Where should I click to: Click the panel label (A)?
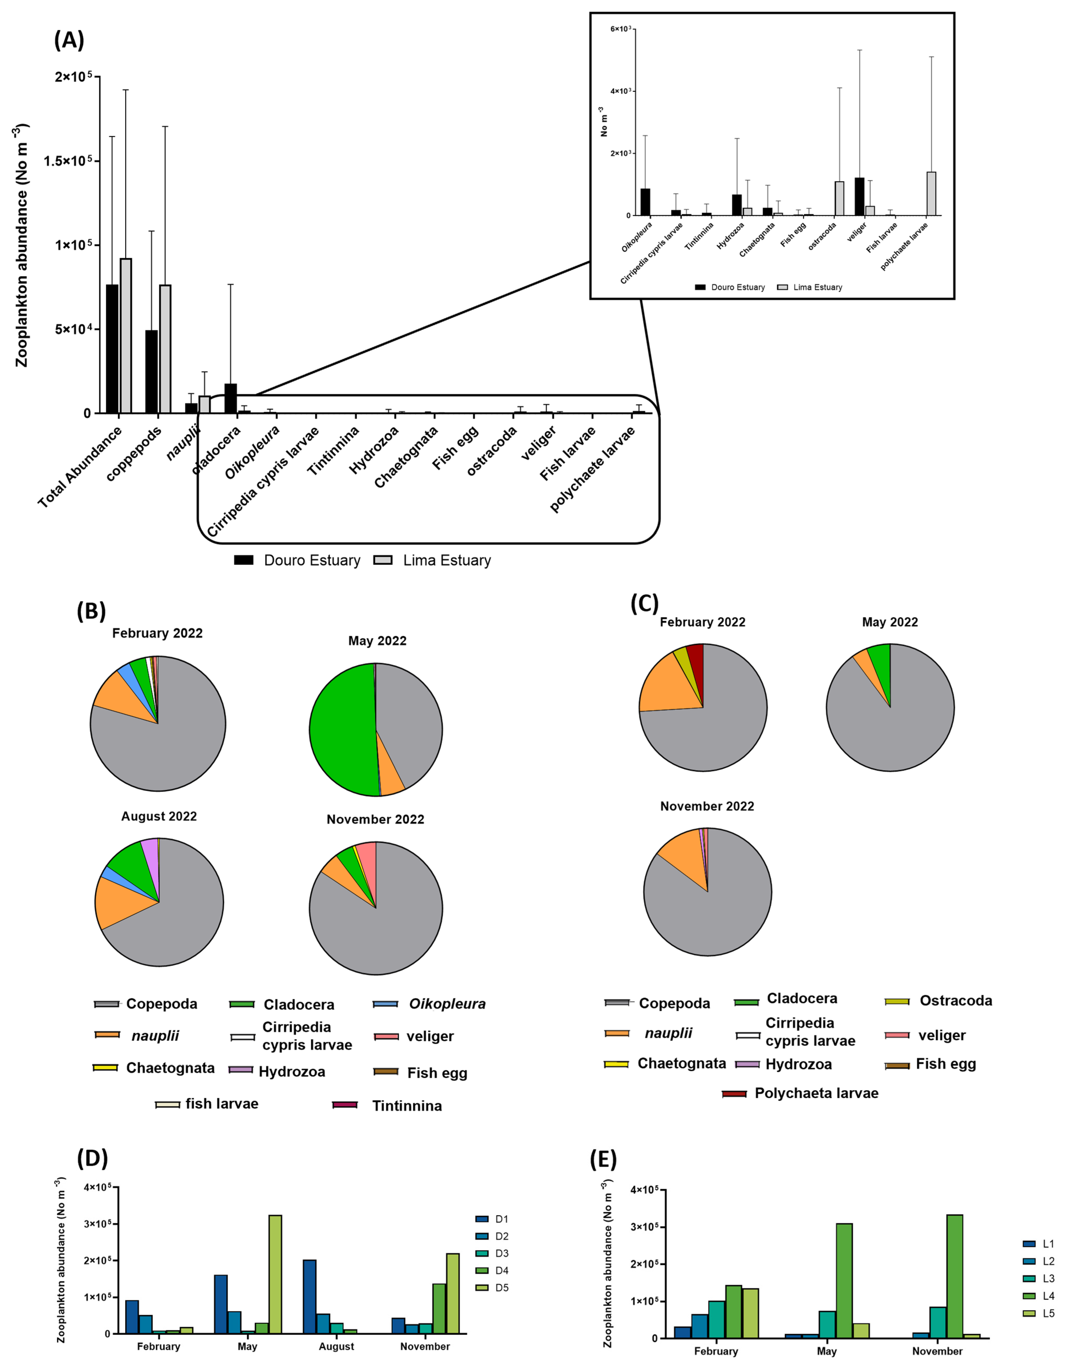69,40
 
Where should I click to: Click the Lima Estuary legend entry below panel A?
446,560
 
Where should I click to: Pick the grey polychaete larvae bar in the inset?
931,194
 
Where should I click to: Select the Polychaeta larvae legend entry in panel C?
816,1093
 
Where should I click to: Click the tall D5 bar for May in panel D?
275,1274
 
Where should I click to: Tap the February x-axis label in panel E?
716,1351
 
